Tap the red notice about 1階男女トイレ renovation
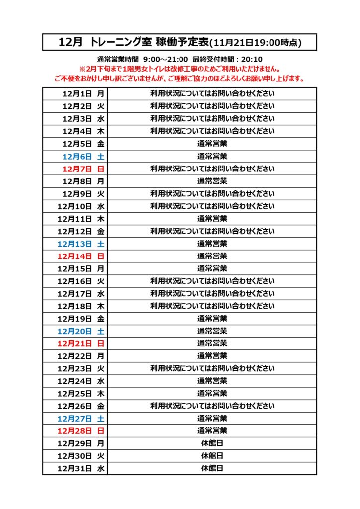[180, 69]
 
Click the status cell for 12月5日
[212, 144]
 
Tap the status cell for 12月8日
[212, 181]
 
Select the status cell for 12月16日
[212, 281]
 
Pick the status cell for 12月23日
[212, 368]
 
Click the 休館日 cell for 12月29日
[212, 443]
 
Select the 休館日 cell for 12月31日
[212, 468]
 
